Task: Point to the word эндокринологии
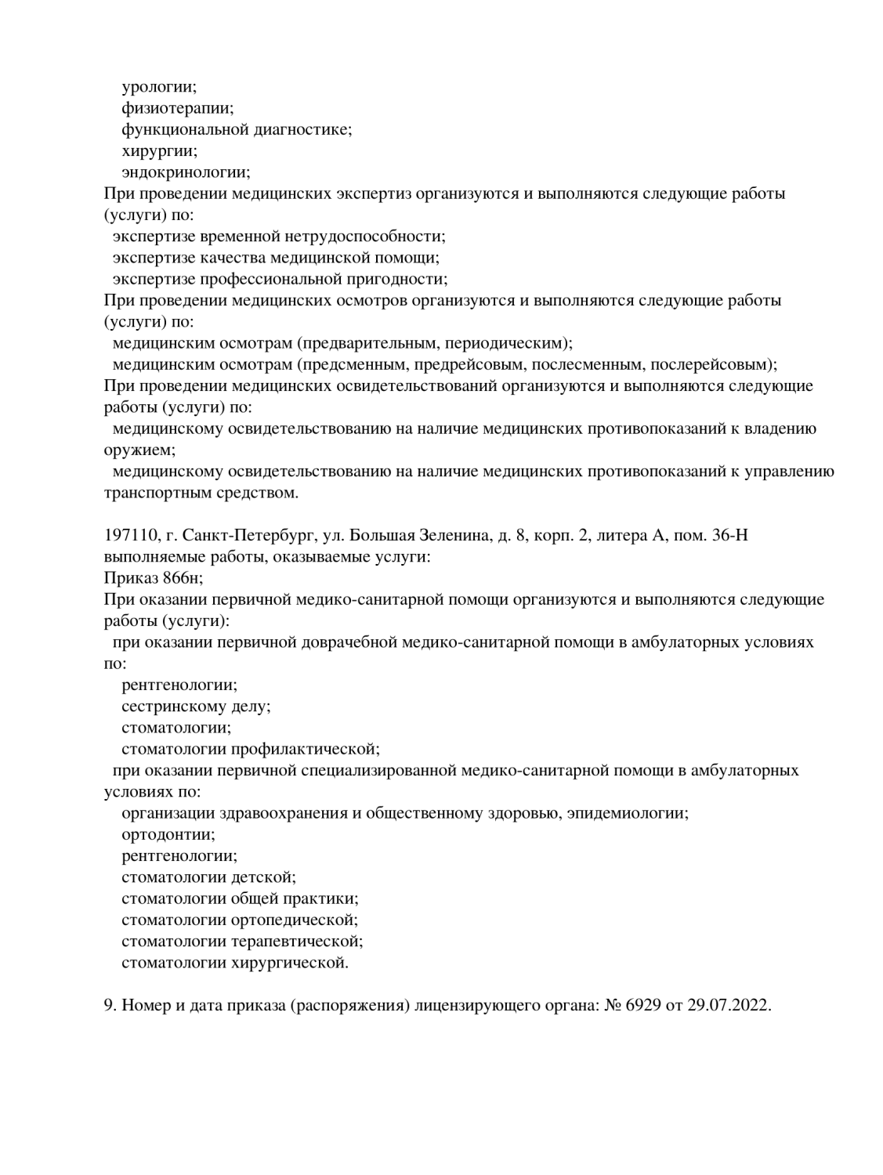pos(185,172)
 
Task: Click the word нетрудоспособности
pos(367,236)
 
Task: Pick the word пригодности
pos(400,279)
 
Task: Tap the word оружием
pos(139,450)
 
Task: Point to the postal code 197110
pos(129,536)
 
